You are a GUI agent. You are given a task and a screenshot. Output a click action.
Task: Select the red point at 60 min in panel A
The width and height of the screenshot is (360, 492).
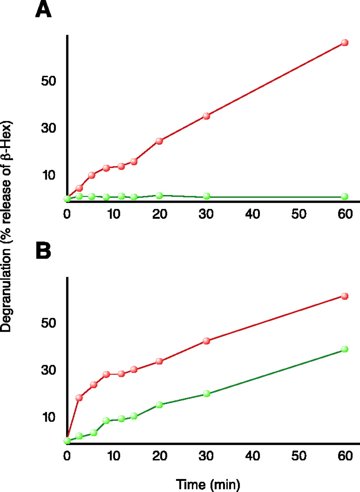pos(345,43)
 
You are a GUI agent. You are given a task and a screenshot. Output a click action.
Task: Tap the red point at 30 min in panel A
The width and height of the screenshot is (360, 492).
pos(206,116)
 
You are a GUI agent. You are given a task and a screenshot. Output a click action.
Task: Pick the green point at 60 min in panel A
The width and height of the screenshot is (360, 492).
pos(345,196)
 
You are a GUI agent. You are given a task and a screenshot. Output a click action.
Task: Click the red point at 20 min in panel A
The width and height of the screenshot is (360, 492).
pos(159,141)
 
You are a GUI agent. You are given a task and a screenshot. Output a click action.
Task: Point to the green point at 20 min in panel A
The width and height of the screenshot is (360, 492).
pos(159,195)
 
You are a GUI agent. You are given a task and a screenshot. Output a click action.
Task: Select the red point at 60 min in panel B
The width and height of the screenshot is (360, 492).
pos(345,296)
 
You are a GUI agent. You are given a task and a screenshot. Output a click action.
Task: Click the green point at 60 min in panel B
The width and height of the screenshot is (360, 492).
pos(345,349)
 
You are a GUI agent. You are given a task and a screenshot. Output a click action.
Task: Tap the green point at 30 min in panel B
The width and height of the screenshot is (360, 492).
pos(206,394)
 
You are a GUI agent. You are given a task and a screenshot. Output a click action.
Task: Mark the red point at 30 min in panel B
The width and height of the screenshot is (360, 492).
pos(206,341)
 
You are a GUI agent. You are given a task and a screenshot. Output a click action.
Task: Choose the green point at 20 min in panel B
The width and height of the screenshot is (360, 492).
pos(159,404)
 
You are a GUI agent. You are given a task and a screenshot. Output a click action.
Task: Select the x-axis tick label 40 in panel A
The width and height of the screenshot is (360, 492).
pos(252,214)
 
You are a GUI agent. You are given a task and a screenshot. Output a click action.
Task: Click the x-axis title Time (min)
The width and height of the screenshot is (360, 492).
pos(208,484)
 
